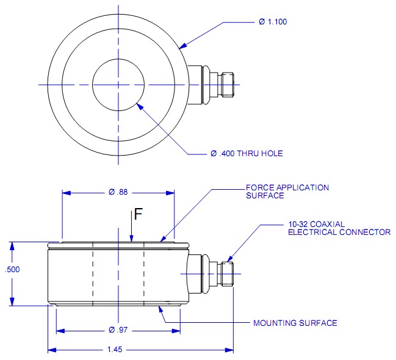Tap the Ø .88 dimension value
tap(118, 192)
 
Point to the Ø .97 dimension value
tap(118, 331)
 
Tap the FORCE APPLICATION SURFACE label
tap(287, 192)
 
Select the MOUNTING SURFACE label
tap(295, 323)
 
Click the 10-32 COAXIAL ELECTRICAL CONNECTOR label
tap(339, 228)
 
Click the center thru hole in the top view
tap(118, 84)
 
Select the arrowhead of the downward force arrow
tap(132, 242)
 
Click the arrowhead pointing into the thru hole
tap(140, 105)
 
